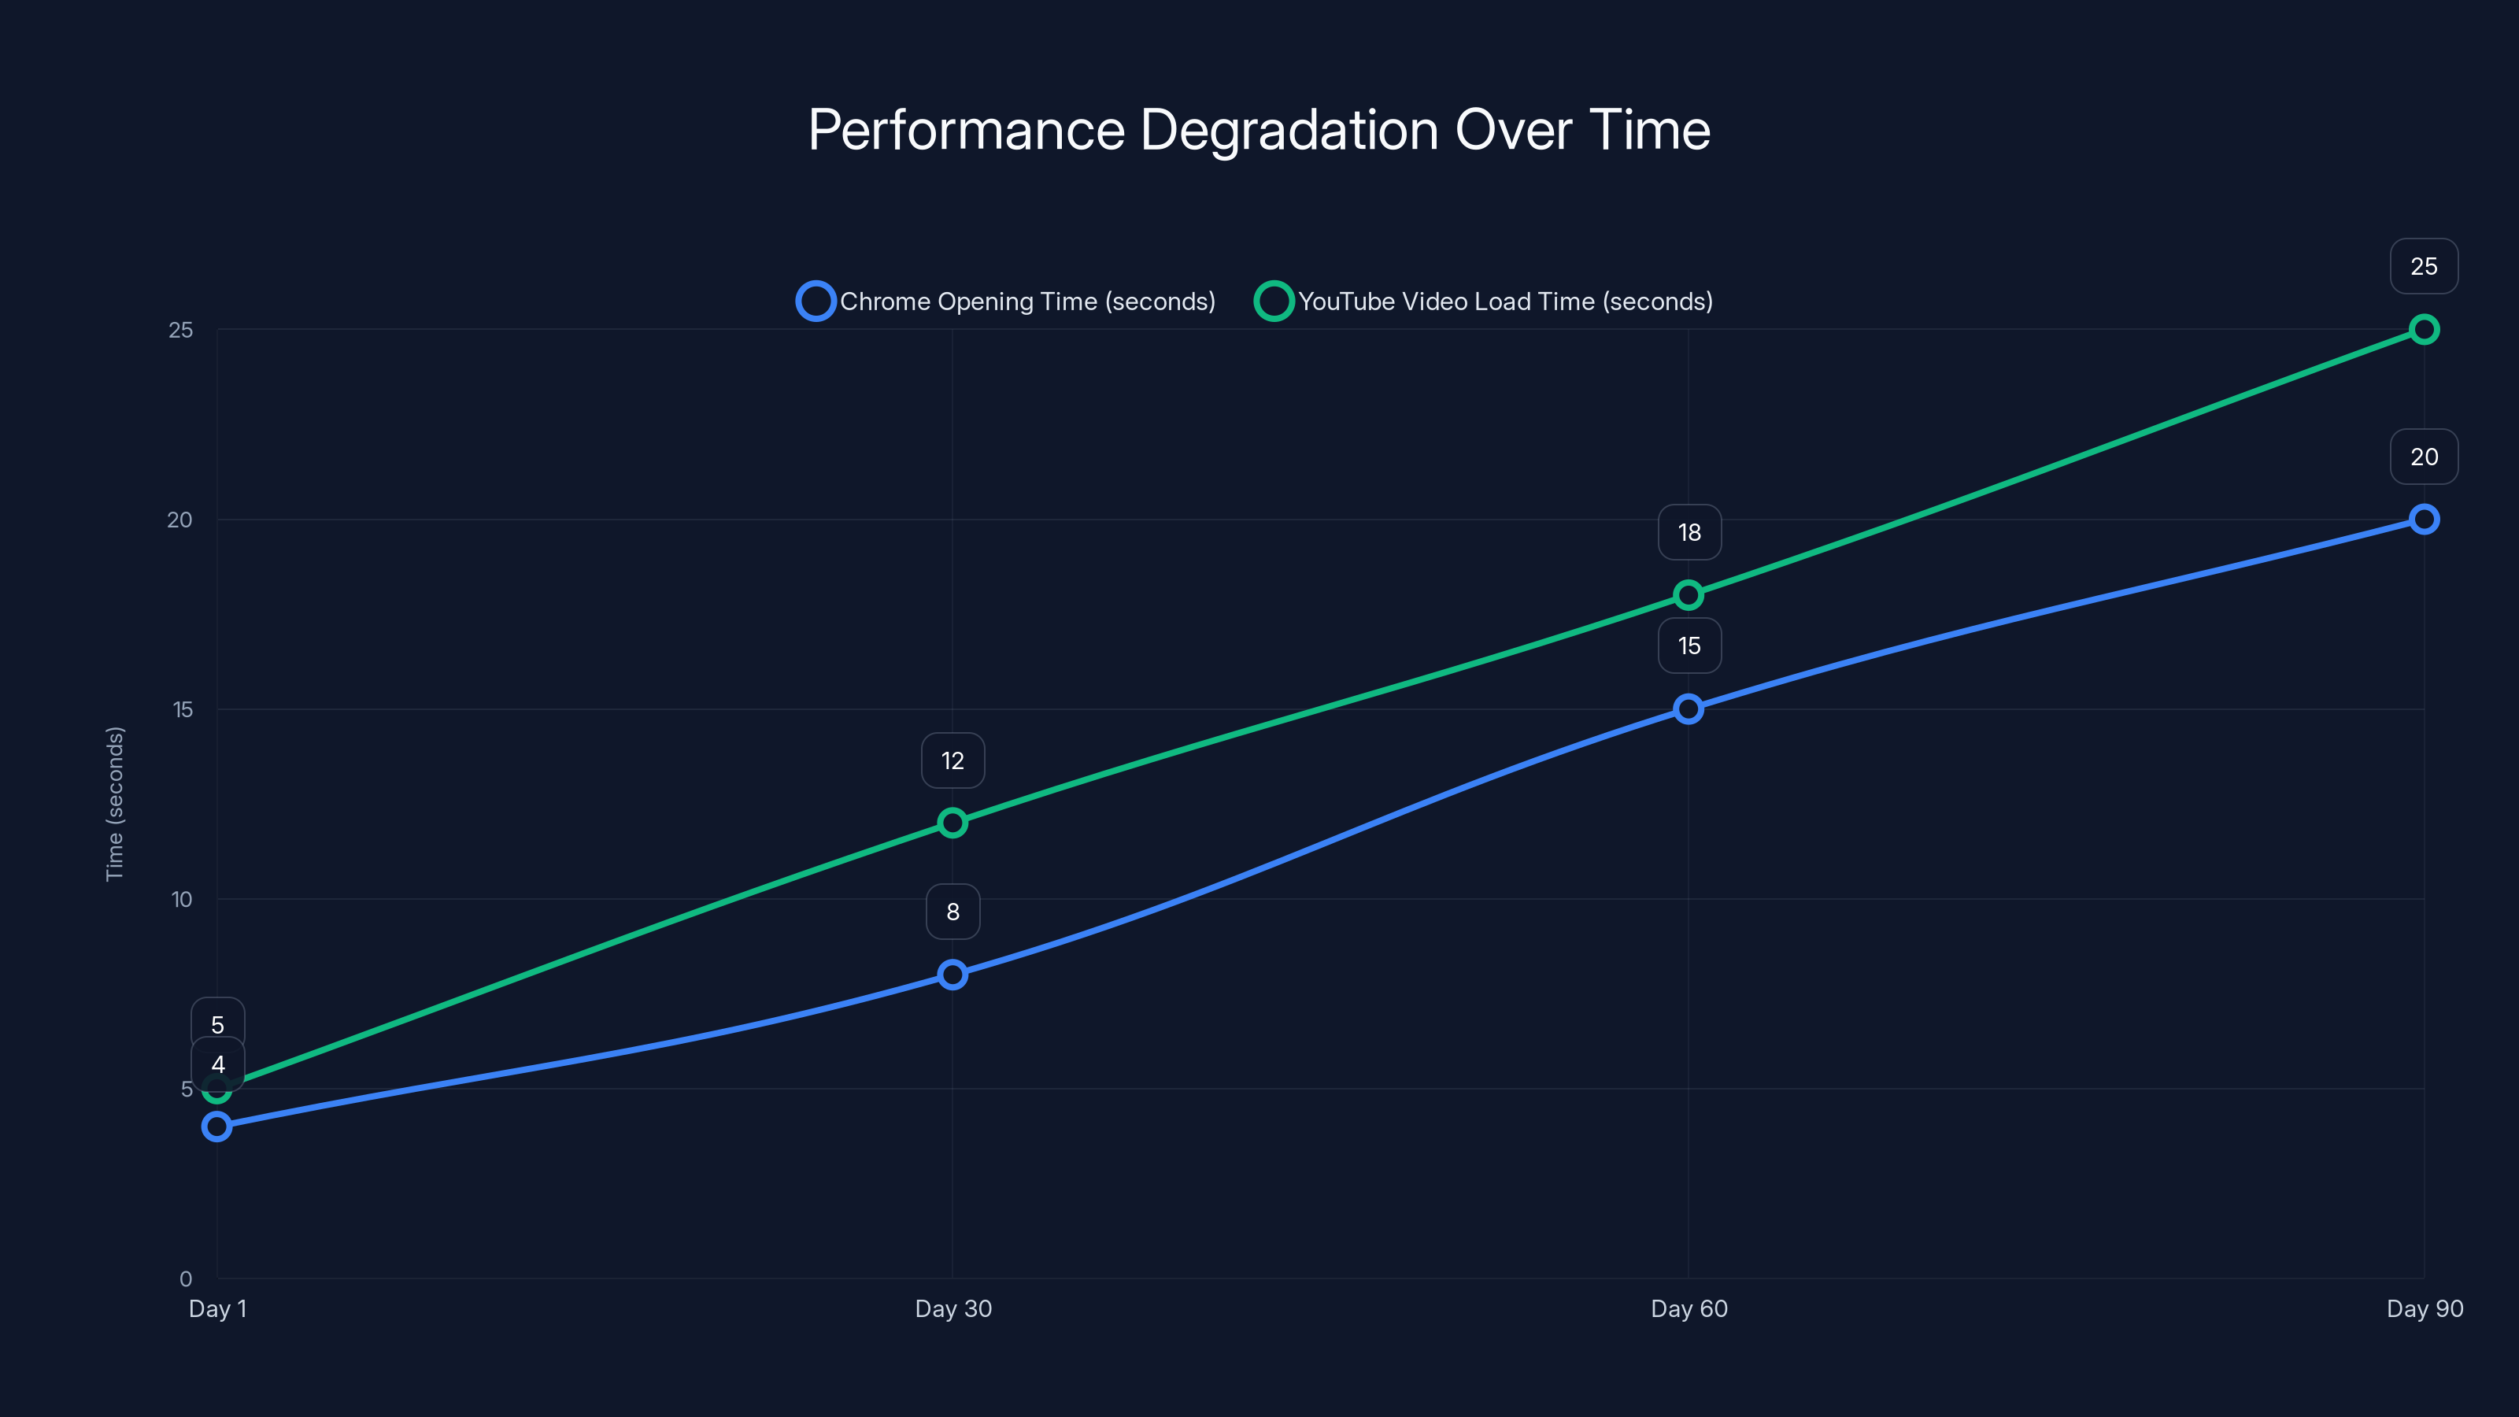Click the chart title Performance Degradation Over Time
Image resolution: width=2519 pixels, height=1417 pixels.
point(1259,130)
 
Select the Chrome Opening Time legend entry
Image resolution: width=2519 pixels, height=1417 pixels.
point(1008,302)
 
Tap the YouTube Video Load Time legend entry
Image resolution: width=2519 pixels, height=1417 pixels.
point(1485,302)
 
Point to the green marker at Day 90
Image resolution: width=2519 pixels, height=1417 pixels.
point(2423,330)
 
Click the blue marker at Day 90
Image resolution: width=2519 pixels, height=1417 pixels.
point(2423,520)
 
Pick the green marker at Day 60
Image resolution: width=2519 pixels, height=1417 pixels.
point(1688,594)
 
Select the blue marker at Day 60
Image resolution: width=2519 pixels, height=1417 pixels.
point(1688,709)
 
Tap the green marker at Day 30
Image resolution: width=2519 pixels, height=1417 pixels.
point(952,823)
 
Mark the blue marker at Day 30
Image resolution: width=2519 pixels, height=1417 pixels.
point(952,974)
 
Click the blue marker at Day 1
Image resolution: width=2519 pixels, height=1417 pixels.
point(217,1127)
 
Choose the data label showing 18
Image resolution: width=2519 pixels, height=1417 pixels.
point(1689,532)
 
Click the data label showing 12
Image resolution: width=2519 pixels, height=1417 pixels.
point(952,760)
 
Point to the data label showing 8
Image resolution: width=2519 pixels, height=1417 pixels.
point(952,912)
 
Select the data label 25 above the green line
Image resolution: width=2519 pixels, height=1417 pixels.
point(2423,266)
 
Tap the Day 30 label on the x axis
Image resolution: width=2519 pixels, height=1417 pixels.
point(952,1308)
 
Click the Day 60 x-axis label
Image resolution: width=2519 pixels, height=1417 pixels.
point(1689,1308)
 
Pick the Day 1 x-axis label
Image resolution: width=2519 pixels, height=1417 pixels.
point(217,1308)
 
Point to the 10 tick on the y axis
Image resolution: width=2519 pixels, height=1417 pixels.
point(182,900)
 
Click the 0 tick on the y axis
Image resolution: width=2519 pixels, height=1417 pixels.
point(186,1278)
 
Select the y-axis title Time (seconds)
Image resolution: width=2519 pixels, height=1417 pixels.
point(116,803)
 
